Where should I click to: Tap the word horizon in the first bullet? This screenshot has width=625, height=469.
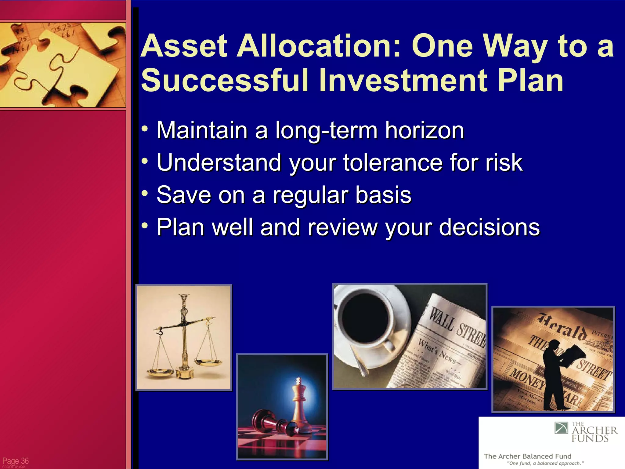click(424, 130)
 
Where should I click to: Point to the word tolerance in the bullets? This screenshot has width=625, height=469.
click(393, 162)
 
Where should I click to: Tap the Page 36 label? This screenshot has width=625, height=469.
click(16, 461)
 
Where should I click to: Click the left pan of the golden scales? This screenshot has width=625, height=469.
click(160, 372)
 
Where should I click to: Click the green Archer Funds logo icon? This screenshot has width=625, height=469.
click(561, 427)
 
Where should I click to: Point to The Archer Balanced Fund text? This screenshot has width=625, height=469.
click(527, 456)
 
